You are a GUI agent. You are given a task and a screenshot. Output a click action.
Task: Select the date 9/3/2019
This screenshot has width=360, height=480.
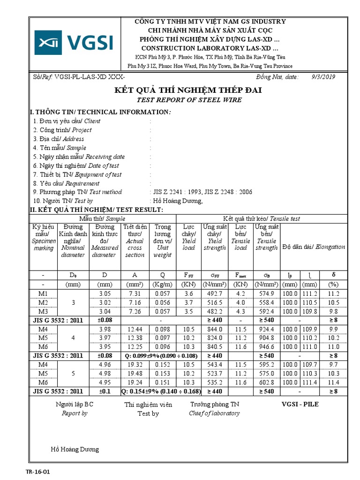point(323,77)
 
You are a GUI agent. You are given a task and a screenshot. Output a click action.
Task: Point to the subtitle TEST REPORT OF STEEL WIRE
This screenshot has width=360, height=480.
point(189,100)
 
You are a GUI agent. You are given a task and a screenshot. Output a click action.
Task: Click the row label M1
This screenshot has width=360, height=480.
point(43,293)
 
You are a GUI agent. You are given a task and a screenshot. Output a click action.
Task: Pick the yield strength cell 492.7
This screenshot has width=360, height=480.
point(214,293)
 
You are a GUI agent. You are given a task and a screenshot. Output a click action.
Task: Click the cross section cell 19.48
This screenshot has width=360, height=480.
point(135,374)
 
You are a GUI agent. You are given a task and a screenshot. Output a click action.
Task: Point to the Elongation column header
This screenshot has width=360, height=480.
point(314,247)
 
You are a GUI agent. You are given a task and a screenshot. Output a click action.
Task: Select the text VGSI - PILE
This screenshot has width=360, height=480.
point(300,404)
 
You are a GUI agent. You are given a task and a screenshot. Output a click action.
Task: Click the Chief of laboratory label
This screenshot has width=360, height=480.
point(214,413)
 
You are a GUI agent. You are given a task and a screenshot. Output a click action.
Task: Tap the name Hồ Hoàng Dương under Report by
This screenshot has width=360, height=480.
point(75,449)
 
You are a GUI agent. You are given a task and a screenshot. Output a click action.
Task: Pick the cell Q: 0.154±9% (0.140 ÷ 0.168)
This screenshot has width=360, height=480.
point(164,391)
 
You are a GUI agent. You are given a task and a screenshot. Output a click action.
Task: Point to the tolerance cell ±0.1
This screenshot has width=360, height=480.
point(104,391)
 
